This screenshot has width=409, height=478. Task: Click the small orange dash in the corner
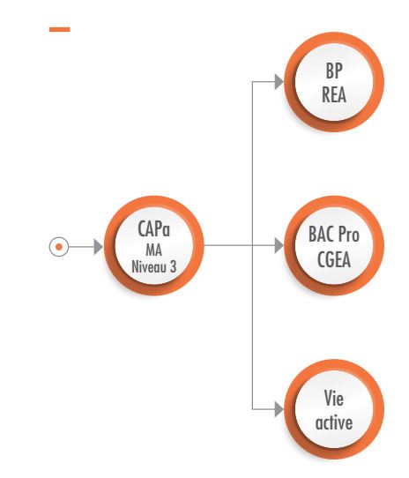pos(60,29)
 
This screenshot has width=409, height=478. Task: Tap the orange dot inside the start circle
pos(59,247)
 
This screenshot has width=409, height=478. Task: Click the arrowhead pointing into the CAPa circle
pos(99,247)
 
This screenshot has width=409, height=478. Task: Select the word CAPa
pos(153,229)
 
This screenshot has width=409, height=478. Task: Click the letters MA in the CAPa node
pos(154,250)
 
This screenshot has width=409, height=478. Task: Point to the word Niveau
pos(146,266)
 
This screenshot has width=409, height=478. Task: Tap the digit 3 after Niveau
pos(173,266)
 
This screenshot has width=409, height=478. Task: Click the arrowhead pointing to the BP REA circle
pos(279,82)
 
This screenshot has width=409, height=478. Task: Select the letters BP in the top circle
pos(334,71)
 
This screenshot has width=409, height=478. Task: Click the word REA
pos(334,95)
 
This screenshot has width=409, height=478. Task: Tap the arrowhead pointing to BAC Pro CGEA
pos(279,245)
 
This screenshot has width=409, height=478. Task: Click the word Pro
pos(349,235)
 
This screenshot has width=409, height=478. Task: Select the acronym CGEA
pos(334,259)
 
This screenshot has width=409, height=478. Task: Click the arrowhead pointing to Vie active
pos(279,409)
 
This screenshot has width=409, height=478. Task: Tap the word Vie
pos(334,398)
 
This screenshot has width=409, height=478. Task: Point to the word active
pos(334,422)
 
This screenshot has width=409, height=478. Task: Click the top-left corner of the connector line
pos(252,82)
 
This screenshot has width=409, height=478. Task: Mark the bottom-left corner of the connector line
pos(252,409)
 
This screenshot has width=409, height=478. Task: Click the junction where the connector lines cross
pos(252,245)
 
